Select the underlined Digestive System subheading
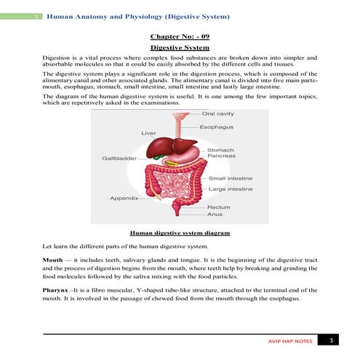point(180,46)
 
